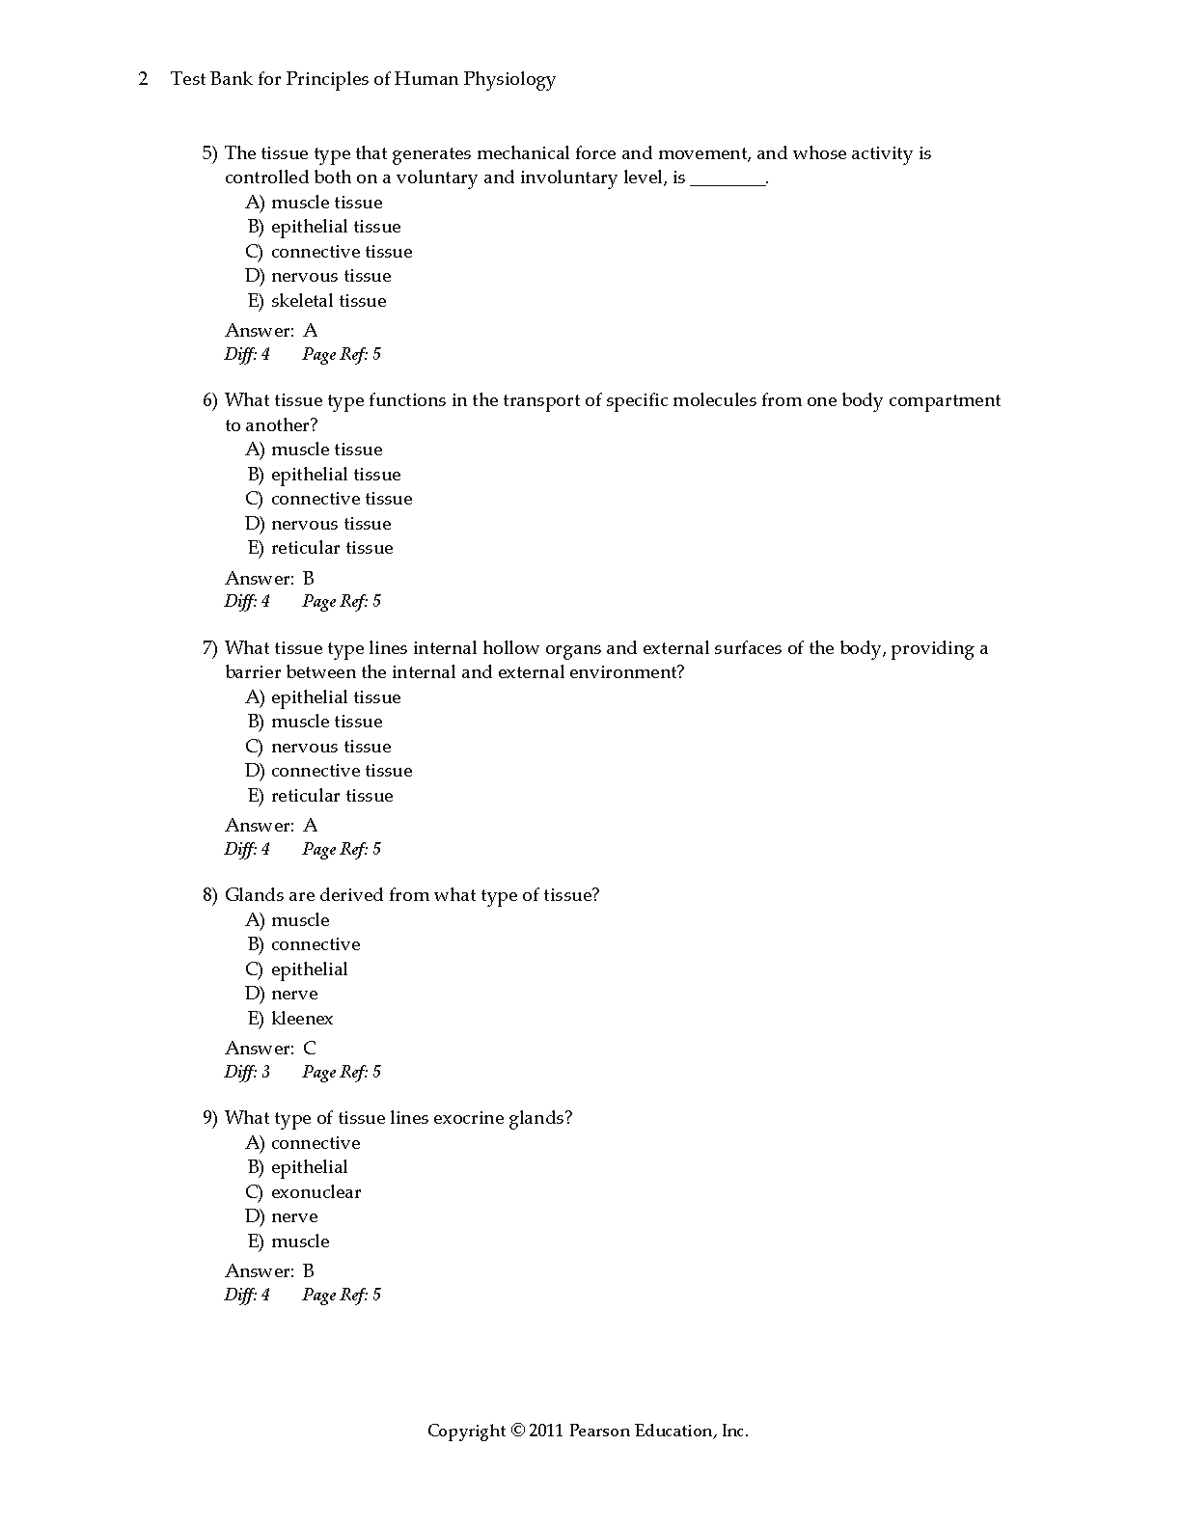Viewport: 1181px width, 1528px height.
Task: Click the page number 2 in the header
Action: click(144, 79)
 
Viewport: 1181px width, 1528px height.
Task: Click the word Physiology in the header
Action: click(508, 79)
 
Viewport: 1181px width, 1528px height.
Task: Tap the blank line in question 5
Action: click(728, 179)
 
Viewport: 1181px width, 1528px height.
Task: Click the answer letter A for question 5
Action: click(310, 331)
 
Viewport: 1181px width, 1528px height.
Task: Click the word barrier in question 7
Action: click(253, 672)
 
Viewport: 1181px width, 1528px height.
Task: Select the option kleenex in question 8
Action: click(302, 1019)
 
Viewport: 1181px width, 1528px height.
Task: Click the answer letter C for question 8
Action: click(310, 1049)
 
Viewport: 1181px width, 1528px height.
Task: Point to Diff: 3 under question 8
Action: click(247, 1072)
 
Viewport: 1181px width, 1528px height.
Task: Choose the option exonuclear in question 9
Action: click(316, 1192)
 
